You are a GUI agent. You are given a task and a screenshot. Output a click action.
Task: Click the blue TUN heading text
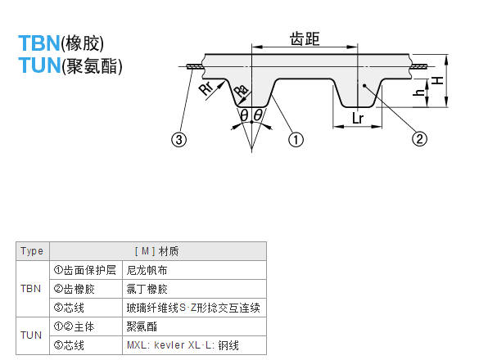click(x=38, y=66)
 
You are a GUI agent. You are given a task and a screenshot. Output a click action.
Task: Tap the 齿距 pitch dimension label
click(x=305, y=38)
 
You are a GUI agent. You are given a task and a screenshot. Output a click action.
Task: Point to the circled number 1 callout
click(x=296, y=140)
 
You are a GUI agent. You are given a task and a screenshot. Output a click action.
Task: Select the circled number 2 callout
click(x=419, y=140)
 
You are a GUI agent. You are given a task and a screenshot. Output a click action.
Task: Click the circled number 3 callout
click(x=178, y=140)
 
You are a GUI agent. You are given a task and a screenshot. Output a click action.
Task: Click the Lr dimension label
click(x=357, y=119)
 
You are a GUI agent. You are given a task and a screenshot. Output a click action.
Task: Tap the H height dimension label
click(x=438, y=80)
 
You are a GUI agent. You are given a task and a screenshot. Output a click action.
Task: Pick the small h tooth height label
click(x=419, y=92)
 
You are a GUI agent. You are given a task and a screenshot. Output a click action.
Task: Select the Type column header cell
click(x=32, y=251)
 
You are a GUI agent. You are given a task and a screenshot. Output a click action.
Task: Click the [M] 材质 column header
click(x=156, y=251)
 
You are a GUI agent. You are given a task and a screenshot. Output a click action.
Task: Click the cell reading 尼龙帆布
click(x=148, y=269)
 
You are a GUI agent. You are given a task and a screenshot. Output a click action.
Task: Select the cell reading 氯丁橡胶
click(x=147, y=289)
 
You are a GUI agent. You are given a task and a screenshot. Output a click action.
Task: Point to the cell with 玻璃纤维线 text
click(x=193, y=308)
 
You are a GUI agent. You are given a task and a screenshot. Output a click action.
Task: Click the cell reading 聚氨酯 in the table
click(x=142, y=326)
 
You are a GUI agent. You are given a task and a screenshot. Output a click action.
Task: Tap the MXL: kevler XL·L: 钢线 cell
click(x=182, y=345)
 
